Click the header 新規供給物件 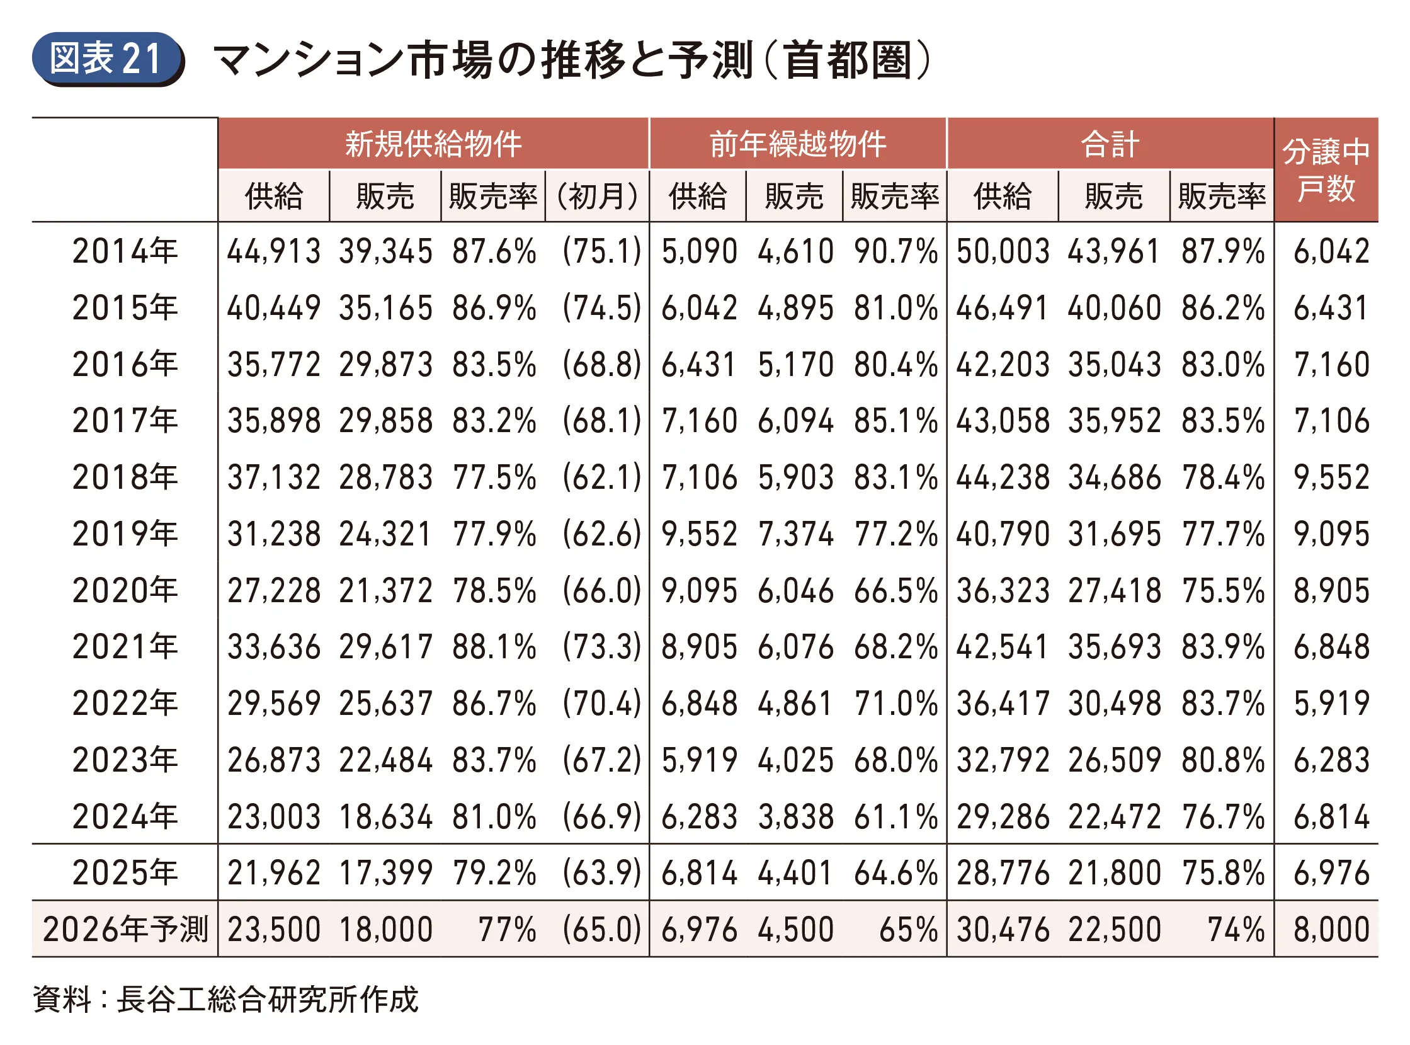433,144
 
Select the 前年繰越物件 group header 797,144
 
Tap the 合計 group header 1110,144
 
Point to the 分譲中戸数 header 1326,169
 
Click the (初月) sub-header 597,196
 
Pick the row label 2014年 125,251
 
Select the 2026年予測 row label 125,929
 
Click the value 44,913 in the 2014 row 274,251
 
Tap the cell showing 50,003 1002,251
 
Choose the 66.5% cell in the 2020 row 895,590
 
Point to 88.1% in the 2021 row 494,647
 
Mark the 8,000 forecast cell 1331,929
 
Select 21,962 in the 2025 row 274,873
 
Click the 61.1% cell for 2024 895,816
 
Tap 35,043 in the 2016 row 1114,364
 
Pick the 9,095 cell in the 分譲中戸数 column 1331,534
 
